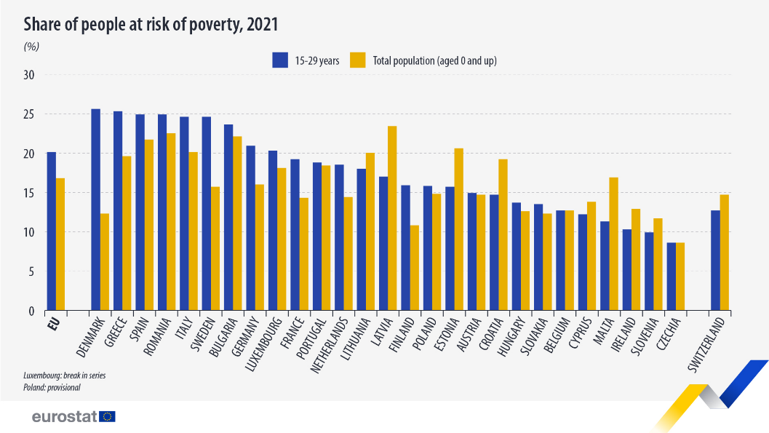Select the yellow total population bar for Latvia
(392, 218)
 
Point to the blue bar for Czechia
(672, 277)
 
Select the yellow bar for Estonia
(459, 229)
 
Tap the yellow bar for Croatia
(503, 234)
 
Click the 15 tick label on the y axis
(29, 193)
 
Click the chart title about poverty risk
(151, 25)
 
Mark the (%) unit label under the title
(31, 46)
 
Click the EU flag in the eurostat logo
(108, 417)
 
